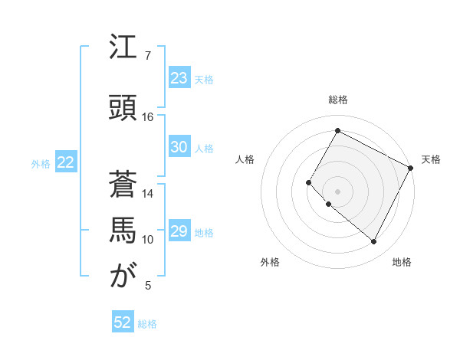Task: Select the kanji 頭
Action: [x=123, y=108]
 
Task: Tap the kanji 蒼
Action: [x=123, y=184]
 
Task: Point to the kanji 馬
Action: [x=123, y=231]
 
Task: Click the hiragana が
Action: [x=123, y=276]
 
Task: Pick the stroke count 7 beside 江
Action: [x=148, y=57]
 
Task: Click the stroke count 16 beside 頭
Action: [x=148, y=117]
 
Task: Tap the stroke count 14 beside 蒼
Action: [x=148, y=193]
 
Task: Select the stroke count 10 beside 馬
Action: [x=148, y=240]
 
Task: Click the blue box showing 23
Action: [x=179, y=78]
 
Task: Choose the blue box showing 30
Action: [x=179, y=147]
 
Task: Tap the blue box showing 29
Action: [x=179, y=231]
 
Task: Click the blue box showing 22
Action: [x=65, y=162]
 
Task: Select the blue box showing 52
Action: [x=123, y=322]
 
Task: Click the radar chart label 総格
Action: [x=338, y=100]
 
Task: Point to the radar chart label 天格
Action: [x=431, y=159]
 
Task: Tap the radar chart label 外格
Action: [x=270, y=262]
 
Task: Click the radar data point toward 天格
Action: [x=411, y=168]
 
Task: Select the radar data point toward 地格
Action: [x=374, y=242]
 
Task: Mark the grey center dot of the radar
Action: [x=337, y=191]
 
